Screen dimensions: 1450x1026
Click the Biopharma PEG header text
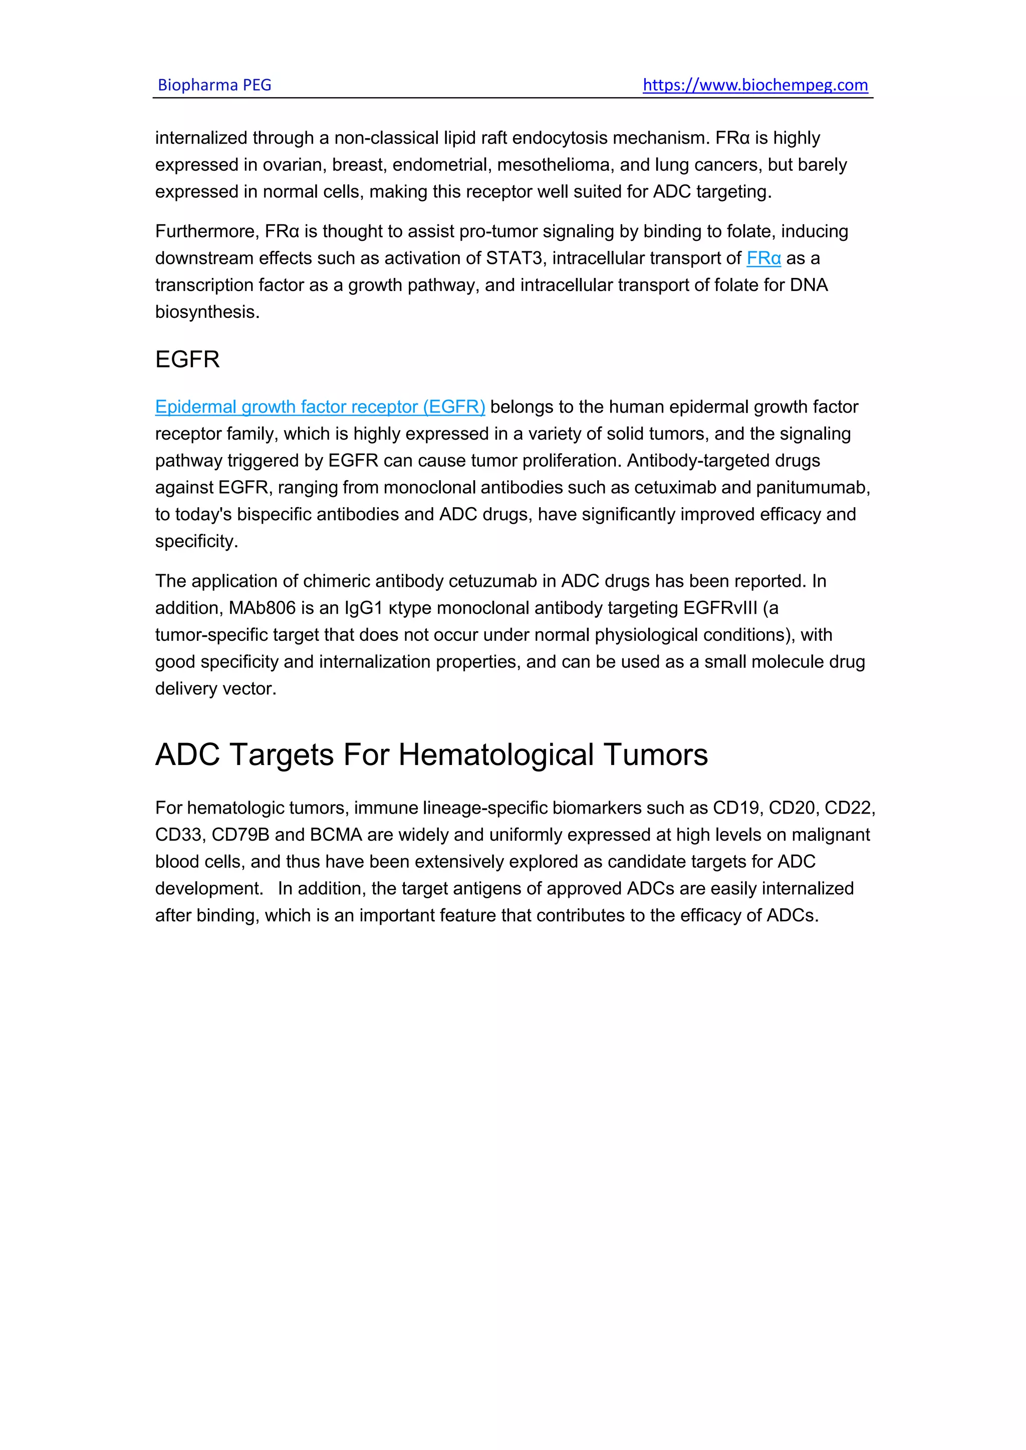(x=214, y=85)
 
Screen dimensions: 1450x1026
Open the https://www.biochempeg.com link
(x=755, y=85)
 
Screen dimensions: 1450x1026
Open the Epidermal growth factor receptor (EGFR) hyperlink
(x=320, y=407)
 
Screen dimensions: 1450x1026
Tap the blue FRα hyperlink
(x=763, y=258)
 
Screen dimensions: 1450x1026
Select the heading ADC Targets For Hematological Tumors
(x=431, y=755)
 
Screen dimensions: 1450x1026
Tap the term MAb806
(x=262, y=608)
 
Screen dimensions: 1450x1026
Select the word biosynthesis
(x=206, y=312)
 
